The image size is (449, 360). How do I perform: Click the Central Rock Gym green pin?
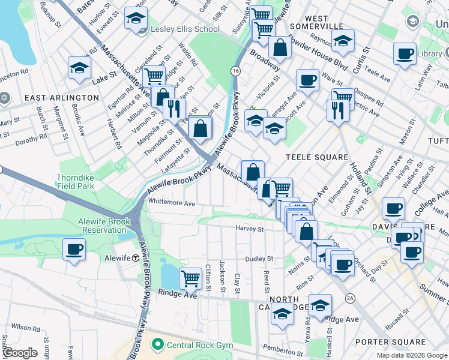(158, 344)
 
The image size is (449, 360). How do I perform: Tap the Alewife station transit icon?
(136, 257)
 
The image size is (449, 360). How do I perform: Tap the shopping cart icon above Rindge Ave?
(190, 277)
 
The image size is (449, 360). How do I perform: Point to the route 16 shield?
(235, 71)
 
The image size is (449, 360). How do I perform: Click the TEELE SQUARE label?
(316, 157)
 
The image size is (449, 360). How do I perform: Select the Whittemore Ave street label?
(172, 203)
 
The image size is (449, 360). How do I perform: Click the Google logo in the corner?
(20, 353)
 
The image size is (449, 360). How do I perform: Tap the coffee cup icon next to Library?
(405, 53)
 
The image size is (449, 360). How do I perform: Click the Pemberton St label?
(283, 347)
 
